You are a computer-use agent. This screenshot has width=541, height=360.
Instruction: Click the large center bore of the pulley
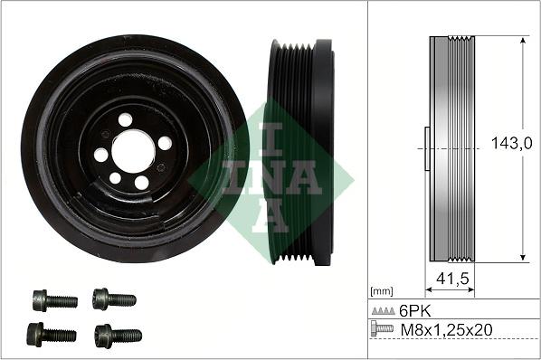pos(134,151)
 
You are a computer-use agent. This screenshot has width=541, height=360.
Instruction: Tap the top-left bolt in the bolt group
pos(55,300)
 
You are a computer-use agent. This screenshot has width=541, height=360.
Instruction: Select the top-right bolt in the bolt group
pos(114,299)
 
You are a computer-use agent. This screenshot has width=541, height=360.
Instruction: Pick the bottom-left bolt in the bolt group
pos(52,335)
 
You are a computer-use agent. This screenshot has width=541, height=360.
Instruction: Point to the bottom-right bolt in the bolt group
pos(118,336)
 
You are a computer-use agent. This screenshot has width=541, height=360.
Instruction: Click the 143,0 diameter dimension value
pos(511,143)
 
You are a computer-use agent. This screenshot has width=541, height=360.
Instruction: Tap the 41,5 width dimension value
pos(452,279)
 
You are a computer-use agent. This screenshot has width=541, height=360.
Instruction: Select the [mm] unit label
pos(381,291)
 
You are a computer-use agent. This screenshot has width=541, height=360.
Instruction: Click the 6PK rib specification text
pos(415,311)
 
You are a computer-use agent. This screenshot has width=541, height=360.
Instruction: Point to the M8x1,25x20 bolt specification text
pos(447,330)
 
